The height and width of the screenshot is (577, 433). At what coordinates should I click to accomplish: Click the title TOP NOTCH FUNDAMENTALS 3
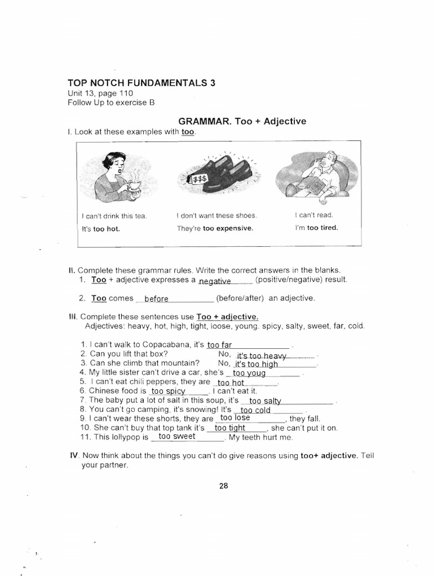click(142, 82)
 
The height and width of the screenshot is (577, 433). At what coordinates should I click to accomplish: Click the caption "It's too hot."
click(101, 229)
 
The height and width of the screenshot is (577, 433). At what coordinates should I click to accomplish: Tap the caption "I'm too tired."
click(316, 228)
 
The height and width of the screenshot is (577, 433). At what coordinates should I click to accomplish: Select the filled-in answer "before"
click(156, 299)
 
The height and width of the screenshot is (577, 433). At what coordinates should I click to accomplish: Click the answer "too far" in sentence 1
click(219, 345)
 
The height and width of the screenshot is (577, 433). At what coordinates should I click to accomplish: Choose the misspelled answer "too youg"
click(249, 373)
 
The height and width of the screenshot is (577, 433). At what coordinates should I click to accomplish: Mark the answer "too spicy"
click(168, 390)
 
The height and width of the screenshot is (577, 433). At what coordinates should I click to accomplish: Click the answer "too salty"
click(265, 401)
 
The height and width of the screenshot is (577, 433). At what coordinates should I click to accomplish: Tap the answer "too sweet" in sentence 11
click(177, 436)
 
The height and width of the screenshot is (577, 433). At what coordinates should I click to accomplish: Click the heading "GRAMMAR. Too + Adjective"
click(242, 121)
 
